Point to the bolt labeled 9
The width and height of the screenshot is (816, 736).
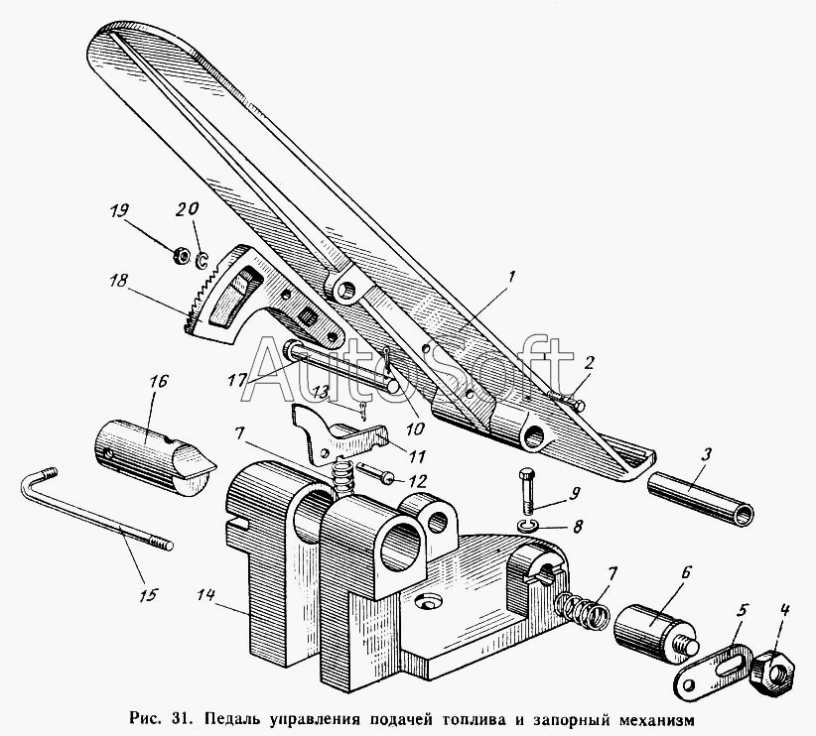click(528, 489)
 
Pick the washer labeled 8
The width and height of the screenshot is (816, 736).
click(530, 525)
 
